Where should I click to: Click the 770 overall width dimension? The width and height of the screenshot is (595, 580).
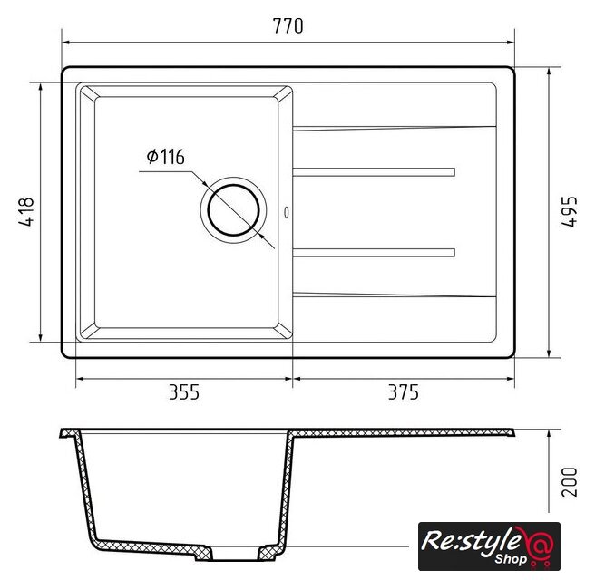(288, 25)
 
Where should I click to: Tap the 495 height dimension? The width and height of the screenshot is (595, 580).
(570, 211)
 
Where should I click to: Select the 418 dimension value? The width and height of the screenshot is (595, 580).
(26, 212)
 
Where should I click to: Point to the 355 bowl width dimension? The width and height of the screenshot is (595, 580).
(184, 392)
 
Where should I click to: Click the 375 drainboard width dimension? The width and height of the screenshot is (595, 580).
(404, 392)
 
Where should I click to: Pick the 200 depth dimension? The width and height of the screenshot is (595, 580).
(570, 482)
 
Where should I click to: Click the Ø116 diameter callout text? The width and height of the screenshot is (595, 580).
(166, 157)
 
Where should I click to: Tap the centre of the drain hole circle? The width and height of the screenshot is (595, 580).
(234, 210)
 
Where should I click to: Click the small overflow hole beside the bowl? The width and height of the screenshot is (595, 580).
(287, 212)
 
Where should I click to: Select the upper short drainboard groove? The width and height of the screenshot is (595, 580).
(374, 172)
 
